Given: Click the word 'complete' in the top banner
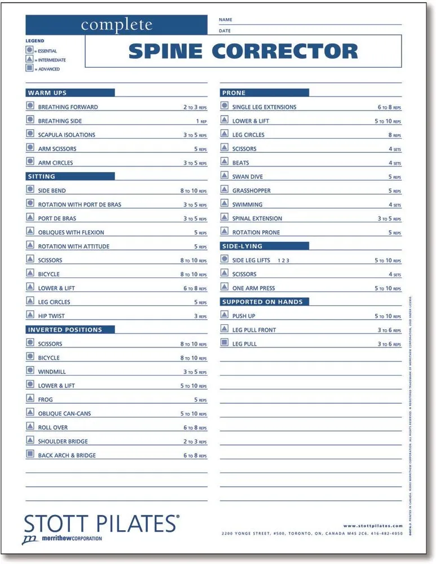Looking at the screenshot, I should [x=116, y=25].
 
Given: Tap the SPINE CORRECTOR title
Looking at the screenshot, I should [x=243, y=51].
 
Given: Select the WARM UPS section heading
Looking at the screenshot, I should [x=47, y=92].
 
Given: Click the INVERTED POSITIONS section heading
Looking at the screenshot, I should [x=65, y=329].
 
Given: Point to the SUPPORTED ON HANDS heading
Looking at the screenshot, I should [x=262, y=302].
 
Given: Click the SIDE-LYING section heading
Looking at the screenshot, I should [x=242, y=246].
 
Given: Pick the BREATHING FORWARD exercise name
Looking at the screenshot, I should [x=68, y=107].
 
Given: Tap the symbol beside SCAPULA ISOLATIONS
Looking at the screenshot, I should [x=30, y=134].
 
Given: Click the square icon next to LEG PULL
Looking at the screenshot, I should [x=224, y=343].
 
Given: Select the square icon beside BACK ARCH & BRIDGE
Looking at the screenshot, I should [x=30, y=455].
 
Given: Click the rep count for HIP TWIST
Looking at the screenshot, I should [x=200, y=316].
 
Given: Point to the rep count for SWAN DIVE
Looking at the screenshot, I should [x=394, y=177].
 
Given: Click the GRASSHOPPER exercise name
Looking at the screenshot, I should [x=251, y=191].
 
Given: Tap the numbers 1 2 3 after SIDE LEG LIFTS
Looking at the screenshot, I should [x=283, y=261].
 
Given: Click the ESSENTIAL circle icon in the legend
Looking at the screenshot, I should [x=29, y=50].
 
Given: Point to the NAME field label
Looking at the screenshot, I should [x=225, y=20].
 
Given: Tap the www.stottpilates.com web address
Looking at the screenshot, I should [x=373, y=526].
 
